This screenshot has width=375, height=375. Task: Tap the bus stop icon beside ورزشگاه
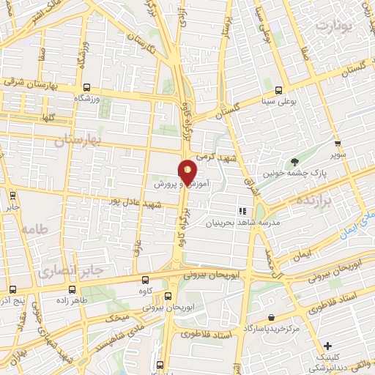click(87, 86)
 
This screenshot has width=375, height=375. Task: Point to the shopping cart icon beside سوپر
click(337, 144)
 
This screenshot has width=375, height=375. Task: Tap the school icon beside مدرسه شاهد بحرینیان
click(242, 212)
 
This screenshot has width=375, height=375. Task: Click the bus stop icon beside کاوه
click(145, 280)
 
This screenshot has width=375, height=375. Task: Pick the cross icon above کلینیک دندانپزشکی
click(327, 346)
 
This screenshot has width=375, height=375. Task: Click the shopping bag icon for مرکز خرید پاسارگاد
click(272, 318)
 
